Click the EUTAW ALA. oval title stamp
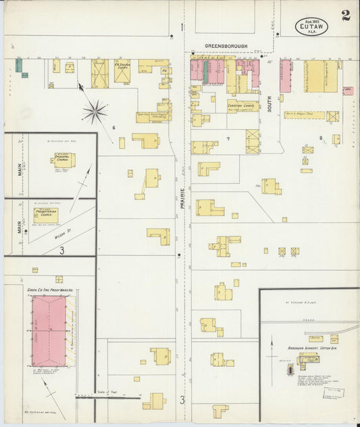click(311, 26)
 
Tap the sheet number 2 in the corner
click(346, 16)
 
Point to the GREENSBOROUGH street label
click(227, 47)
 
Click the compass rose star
click(95, 110)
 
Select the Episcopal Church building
click(63, 160)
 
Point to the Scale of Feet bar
click(108, 397)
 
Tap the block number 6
click(114, 127)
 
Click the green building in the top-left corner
click(19, 65)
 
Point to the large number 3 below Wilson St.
click(61, 251)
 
